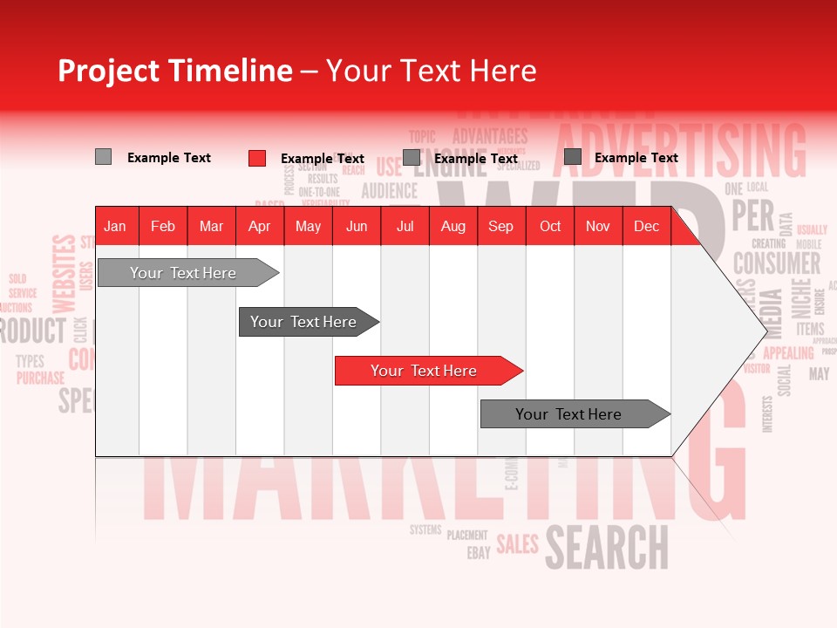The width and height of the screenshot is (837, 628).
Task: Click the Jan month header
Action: point(115,227)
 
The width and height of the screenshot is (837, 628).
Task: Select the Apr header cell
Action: point(259,227)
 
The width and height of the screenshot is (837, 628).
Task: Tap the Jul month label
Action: point(405,227)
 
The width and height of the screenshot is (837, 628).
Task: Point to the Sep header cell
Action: point(500,227)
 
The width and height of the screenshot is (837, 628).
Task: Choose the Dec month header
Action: point(646,227)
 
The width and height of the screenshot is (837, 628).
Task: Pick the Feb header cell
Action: point(163,227)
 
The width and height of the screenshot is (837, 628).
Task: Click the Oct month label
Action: point(550,227)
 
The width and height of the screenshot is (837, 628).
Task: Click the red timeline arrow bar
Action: point(427,371)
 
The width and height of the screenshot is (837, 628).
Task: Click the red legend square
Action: point(257,158)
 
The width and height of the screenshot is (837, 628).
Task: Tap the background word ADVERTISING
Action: point(680,148)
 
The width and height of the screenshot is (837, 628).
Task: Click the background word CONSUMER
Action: point(776,263)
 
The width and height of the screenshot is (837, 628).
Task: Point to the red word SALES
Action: point(517,545)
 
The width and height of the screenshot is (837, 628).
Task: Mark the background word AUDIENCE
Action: point(389,190)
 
